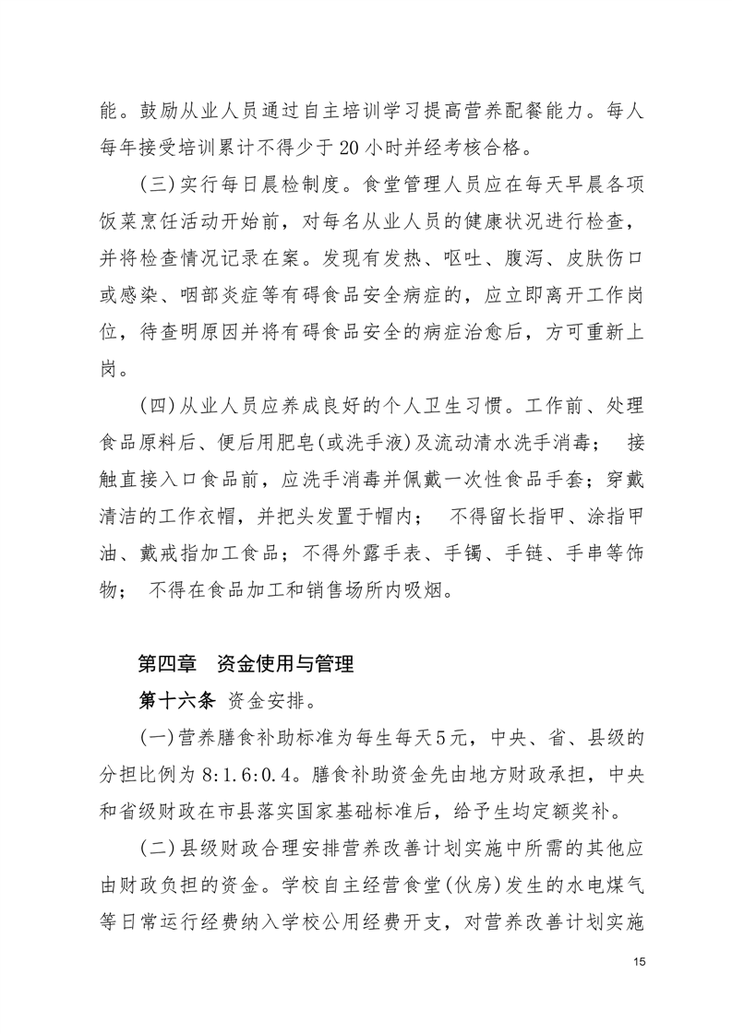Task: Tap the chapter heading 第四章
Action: tap(165, 662)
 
